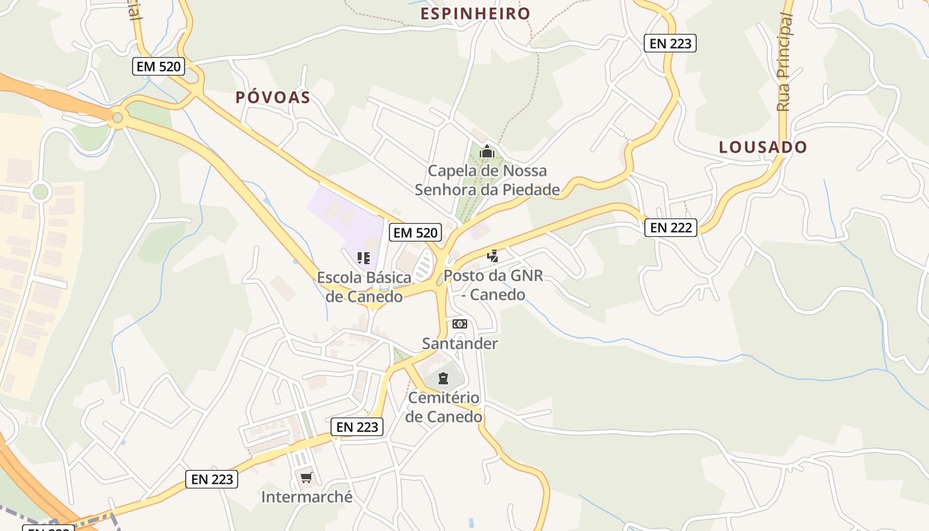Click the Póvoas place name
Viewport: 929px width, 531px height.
point(273,98)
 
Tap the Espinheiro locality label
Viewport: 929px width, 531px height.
point(476,14)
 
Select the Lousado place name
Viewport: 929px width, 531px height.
point(763,147)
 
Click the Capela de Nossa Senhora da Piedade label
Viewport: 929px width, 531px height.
point(488,180)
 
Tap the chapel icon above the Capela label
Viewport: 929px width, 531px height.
point(487,151)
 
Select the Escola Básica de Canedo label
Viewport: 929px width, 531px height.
point(364,287)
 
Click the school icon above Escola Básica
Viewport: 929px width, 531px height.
point(363,258)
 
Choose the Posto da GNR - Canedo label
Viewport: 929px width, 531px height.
point(493,285)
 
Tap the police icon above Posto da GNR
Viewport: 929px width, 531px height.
point(492,256)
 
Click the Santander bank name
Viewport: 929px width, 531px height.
point(460,343)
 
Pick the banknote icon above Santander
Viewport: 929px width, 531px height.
point(459,324)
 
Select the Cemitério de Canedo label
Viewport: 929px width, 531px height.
point(444,408)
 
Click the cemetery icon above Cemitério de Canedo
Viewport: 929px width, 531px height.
point(443,379)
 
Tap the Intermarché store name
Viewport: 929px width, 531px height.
point(307,496)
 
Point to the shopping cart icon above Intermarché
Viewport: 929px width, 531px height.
point(306,477)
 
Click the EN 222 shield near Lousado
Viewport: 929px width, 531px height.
point(671,228)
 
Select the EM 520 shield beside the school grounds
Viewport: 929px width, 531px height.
point(416,232)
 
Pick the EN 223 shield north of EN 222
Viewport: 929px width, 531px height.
point(670,44)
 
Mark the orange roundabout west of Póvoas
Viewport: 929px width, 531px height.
point(117,118)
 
